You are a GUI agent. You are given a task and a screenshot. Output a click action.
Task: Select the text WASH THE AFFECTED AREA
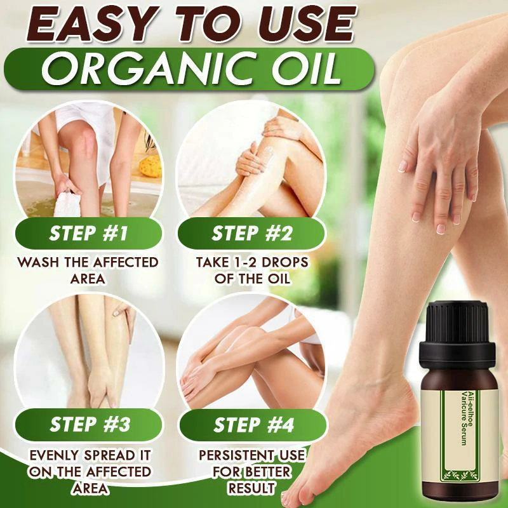[88, 271]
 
